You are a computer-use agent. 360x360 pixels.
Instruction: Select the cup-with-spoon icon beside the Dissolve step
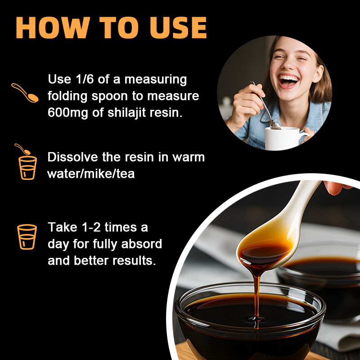pyautogui.click(x=27, y=163)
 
